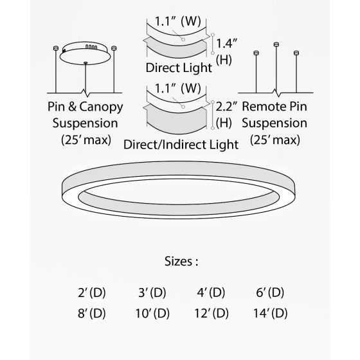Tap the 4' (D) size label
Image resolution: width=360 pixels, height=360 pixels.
(211, 292)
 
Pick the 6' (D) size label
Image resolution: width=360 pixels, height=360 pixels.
(269, 292)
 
